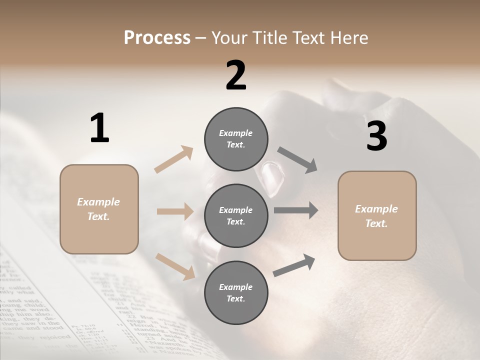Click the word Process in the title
pyautogui.click(x=157, y=38)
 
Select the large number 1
pyautogui.click(x=99, y=128)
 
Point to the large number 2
pyautogui.click(x=236, y=75)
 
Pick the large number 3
pyautogui.click(x=376, y=136)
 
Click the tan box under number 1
pyautogui.click(x=99, y=209)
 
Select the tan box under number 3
pyautogui.click(x=377, y=216)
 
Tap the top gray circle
pyautogui.click(x=236, y=139)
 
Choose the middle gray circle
pyautogui.click(x=236, y=215)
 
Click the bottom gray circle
pyautogui.click(x=236, y=292)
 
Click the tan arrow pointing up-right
pyautogui.click(x=174, y=159)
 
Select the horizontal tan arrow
pyautogui.click(x=175, y=211)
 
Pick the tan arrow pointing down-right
pyautogui.click(x=175, y=266)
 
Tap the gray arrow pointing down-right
pyautogui.click(x=297, y=160)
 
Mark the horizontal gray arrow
pyautogui.click(x=296, y=210)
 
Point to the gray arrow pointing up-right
pyautogui.click(x=294, y=265)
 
